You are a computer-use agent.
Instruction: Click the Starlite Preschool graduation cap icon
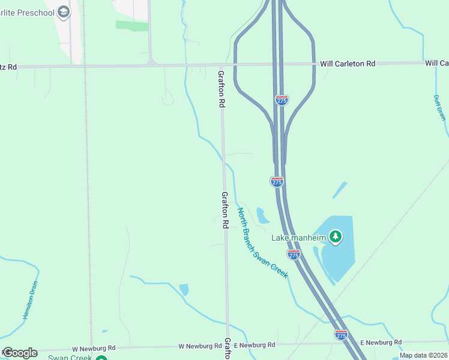point(64,12)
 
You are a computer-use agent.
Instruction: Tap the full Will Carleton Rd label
point(348,63)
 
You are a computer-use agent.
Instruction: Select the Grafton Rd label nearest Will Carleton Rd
point(221,89)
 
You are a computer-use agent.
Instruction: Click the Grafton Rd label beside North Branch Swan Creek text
point(225,210)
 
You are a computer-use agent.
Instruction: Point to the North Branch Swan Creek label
point(262,242)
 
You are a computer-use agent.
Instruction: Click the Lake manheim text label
point(298,238)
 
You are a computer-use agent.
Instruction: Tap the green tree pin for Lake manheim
point(336,238)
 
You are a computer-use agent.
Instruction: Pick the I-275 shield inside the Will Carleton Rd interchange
point(282,100)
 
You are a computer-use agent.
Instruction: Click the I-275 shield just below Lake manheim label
point(294,255)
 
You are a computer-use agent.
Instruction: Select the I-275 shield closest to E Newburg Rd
point(341,335)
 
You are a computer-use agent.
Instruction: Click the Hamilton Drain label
point(31,300)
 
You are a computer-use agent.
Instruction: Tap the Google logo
point(20,352)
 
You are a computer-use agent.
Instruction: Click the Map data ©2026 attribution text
point(423,355)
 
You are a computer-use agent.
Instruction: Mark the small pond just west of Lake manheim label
point(262,215)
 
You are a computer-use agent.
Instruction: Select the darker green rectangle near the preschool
point(132,25)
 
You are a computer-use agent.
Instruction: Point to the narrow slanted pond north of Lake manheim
point(340,190)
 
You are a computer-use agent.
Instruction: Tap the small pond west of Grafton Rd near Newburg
point(184,289)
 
